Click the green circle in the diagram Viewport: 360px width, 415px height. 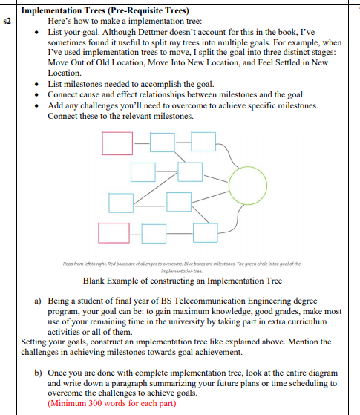[x=249, y=186]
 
